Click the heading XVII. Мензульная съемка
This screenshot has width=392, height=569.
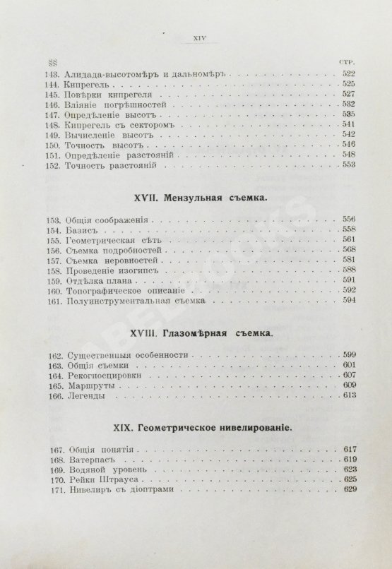click(198, 200)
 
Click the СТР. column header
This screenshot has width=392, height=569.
click(351, 62)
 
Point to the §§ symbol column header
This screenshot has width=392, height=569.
click(51, 62)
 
